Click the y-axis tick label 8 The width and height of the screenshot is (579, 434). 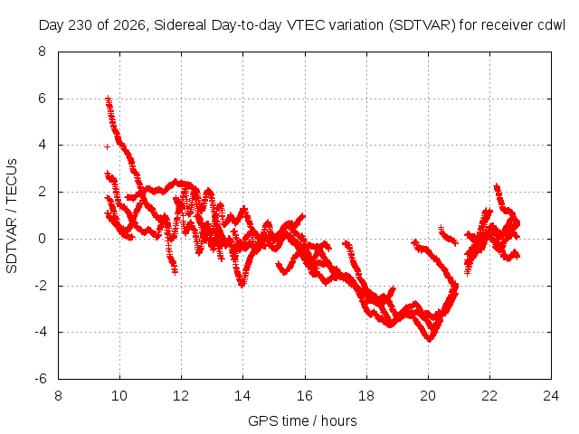point(42,52)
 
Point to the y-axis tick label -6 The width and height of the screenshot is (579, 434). point(40,379)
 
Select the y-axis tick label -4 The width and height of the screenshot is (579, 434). point(40,332)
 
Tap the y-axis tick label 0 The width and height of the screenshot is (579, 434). point(42,239)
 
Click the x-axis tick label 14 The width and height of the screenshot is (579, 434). point(242,396)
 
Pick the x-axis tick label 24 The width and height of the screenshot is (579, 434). point(551,396)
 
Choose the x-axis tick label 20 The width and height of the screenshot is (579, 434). point(428,396)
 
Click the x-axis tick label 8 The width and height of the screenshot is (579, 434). point(58,396)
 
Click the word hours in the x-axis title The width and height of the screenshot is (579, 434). point(339,420)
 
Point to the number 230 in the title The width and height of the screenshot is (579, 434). point(81,25)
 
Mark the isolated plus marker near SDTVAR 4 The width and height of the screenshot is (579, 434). point(107,146)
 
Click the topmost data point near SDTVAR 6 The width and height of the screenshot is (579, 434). point(109,99)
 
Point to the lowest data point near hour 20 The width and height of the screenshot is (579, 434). point(430,339)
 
